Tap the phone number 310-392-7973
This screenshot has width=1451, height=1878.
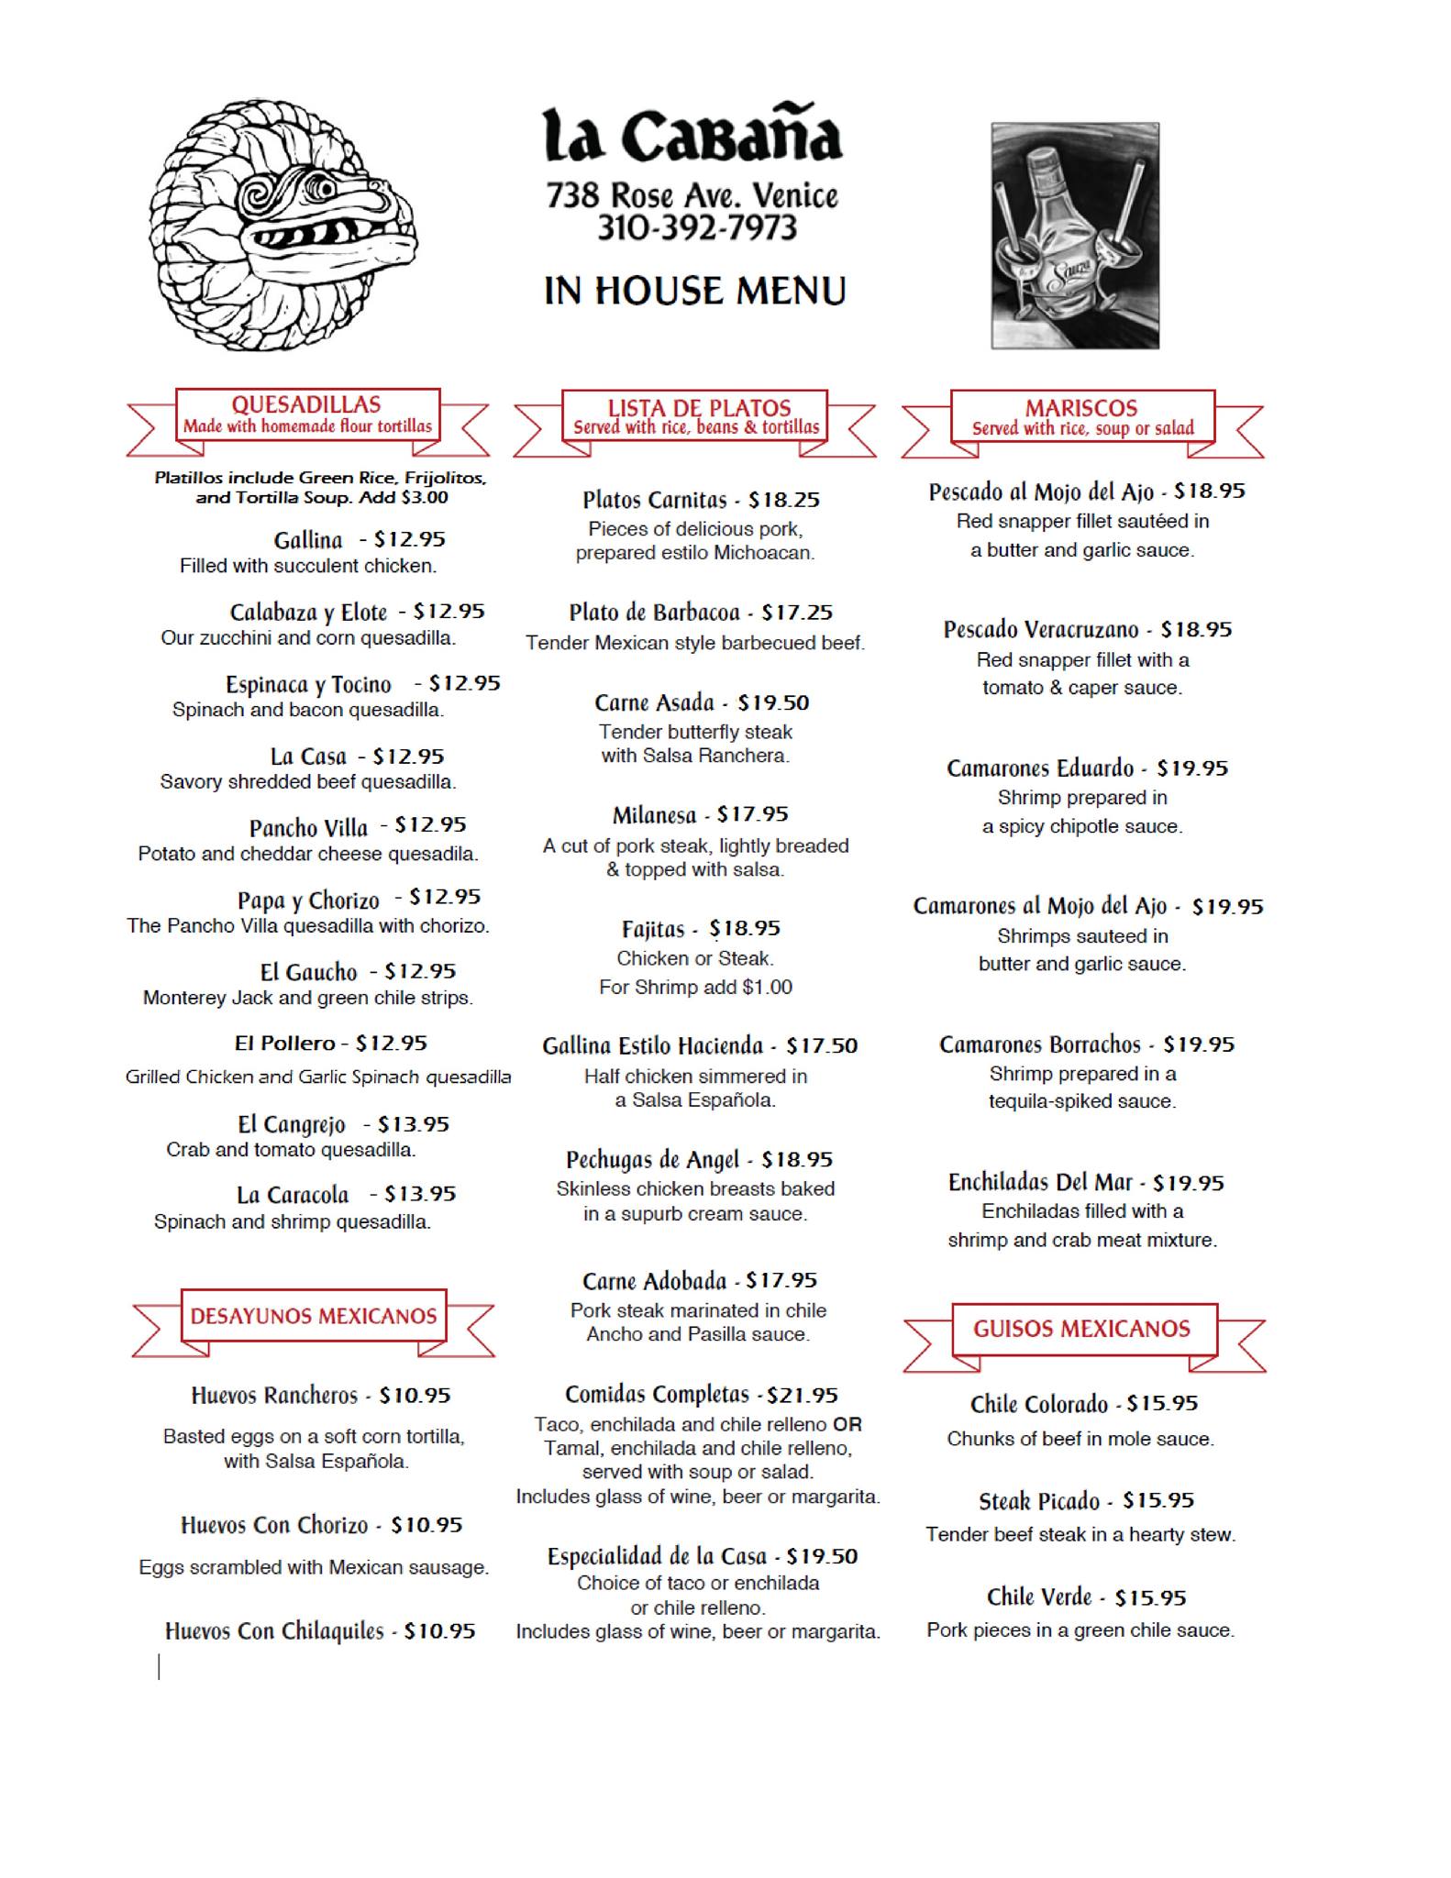pos(697,227)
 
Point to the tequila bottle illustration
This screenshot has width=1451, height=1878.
pos(1074,236)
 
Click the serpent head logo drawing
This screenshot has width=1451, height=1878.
pos(282,225)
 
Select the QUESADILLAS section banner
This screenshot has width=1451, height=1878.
pos(307,414)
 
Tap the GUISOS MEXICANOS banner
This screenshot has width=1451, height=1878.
pos(1082,1329)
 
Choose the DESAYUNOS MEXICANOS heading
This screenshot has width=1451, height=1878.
pos(313,1316)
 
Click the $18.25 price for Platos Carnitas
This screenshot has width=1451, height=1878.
pos(783,500)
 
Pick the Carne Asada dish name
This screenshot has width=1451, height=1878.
pos(654,703)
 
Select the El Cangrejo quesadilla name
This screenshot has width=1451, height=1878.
pos(292,1124)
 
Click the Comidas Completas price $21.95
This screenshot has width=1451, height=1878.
pos(803,1395)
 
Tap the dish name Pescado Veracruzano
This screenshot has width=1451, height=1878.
pos(1041,630)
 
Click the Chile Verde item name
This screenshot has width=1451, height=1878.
pos(1039,1597)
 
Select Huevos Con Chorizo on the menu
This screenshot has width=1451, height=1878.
pos(274,1525)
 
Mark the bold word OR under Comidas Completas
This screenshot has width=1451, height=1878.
pos(847,1425)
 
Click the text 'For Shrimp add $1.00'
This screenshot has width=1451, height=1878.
pos(695,987)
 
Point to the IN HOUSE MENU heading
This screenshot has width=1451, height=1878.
pos(694,291)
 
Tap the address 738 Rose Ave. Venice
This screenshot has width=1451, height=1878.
pos(692,194)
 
